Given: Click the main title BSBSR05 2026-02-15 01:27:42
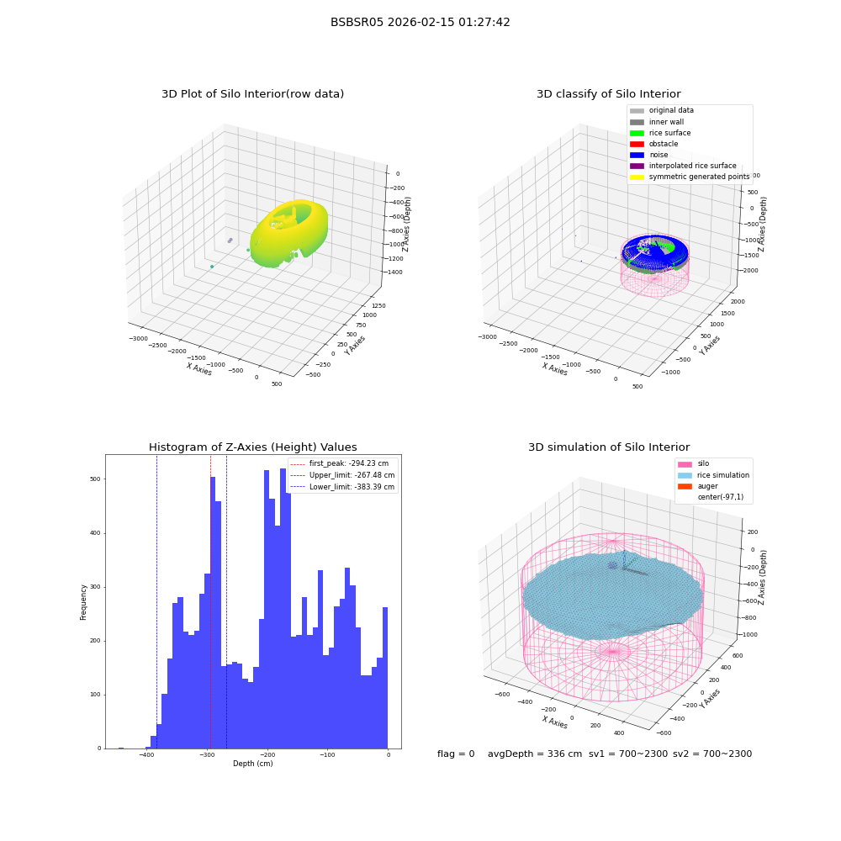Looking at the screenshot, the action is [420, 23].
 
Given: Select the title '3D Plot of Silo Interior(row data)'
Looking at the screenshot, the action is [252, 94].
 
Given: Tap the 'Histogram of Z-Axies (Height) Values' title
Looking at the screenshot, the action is [252, 447].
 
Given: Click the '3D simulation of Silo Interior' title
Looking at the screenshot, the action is [609, 447].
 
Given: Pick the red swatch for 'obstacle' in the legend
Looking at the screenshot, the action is [637, 145].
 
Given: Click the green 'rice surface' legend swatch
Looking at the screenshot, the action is [637, 133].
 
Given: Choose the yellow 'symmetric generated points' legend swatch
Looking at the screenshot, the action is [637, 177].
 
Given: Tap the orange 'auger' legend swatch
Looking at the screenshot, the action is [685, 486].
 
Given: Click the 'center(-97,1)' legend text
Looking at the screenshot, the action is [721, 497].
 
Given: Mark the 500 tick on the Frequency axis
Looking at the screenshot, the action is [96, 479].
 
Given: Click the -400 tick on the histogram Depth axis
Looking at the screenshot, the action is [146, 755].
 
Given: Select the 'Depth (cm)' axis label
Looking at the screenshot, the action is [252, 764].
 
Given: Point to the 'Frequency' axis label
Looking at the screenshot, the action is [83, 602].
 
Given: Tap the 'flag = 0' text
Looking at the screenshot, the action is [456, 754].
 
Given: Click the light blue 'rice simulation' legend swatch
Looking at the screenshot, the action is [685, 476].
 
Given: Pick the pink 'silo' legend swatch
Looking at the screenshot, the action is [685, 464].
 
